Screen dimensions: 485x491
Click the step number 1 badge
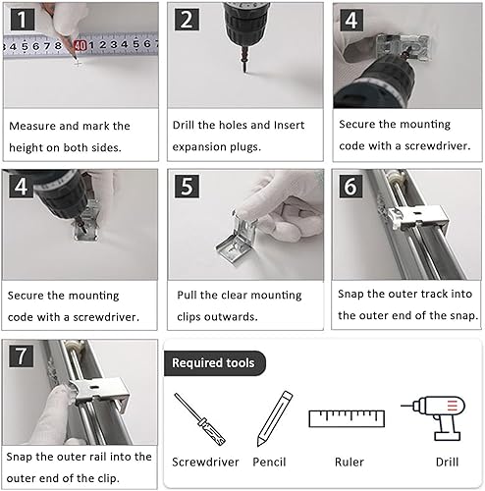click(23, 20)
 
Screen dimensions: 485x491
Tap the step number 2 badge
click(187, 20)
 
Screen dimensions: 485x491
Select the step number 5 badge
click(187, 187)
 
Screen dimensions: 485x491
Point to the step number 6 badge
click(350, 187)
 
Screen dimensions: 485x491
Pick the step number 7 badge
click(22, 355)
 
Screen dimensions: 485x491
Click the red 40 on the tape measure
click(80, 46)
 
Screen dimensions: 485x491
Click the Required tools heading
click(213, 363)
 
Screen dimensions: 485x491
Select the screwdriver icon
click(199, 419)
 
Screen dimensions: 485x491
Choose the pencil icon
click(275, 418)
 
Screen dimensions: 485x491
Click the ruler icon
click(347, 418)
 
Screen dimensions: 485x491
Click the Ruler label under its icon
click(350, 463)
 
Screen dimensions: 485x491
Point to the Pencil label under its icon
click(269, 463)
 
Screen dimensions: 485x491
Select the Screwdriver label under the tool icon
click(205, 463)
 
